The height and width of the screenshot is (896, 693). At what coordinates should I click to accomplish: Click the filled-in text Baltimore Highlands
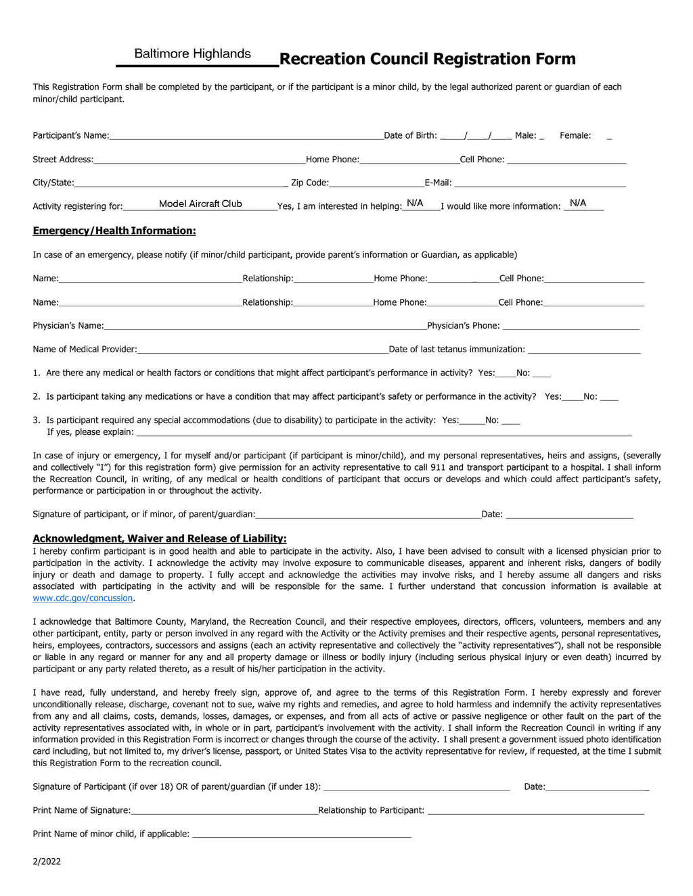(192, 54)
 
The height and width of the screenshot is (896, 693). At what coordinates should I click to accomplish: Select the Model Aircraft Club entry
(200, 204)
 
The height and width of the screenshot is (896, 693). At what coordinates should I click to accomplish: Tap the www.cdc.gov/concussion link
(83, 598)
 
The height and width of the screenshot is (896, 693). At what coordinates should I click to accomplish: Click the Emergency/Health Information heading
(114, 231)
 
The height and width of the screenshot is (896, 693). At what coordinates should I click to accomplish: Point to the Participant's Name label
(71, 135)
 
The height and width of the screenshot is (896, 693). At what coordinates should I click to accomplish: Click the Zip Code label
(310, 183)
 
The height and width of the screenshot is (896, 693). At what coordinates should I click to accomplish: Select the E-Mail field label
(438, 183)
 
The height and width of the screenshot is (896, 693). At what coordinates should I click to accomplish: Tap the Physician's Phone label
(464, 326)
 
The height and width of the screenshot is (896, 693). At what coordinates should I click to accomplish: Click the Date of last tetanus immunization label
(457, 350)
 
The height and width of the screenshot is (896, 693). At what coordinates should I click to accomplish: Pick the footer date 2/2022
(47, 862)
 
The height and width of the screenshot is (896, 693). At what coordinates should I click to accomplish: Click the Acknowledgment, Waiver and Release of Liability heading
(160, 538)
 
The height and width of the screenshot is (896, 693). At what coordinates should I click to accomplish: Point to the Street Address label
(63, 160)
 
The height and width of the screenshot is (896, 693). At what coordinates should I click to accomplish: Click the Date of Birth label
(411, 135)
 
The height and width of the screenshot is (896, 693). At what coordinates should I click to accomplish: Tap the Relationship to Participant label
(372, 810)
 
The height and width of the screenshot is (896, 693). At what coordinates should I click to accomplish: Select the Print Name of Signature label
(82, 810)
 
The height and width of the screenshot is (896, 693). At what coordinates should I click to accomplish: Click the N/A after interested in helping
(415, 203)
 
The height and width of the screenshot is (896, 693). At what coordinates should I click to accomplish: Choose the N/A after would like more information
(578, 203)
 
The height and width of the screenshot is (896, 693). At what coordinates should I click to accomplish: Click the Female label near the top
(575, 135)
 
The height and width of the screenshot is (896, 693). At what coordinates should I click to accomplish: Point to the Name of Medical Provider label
(85, 350)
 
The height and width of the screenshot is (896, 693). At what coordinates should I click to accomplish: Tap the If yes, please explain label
(91, 432)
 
